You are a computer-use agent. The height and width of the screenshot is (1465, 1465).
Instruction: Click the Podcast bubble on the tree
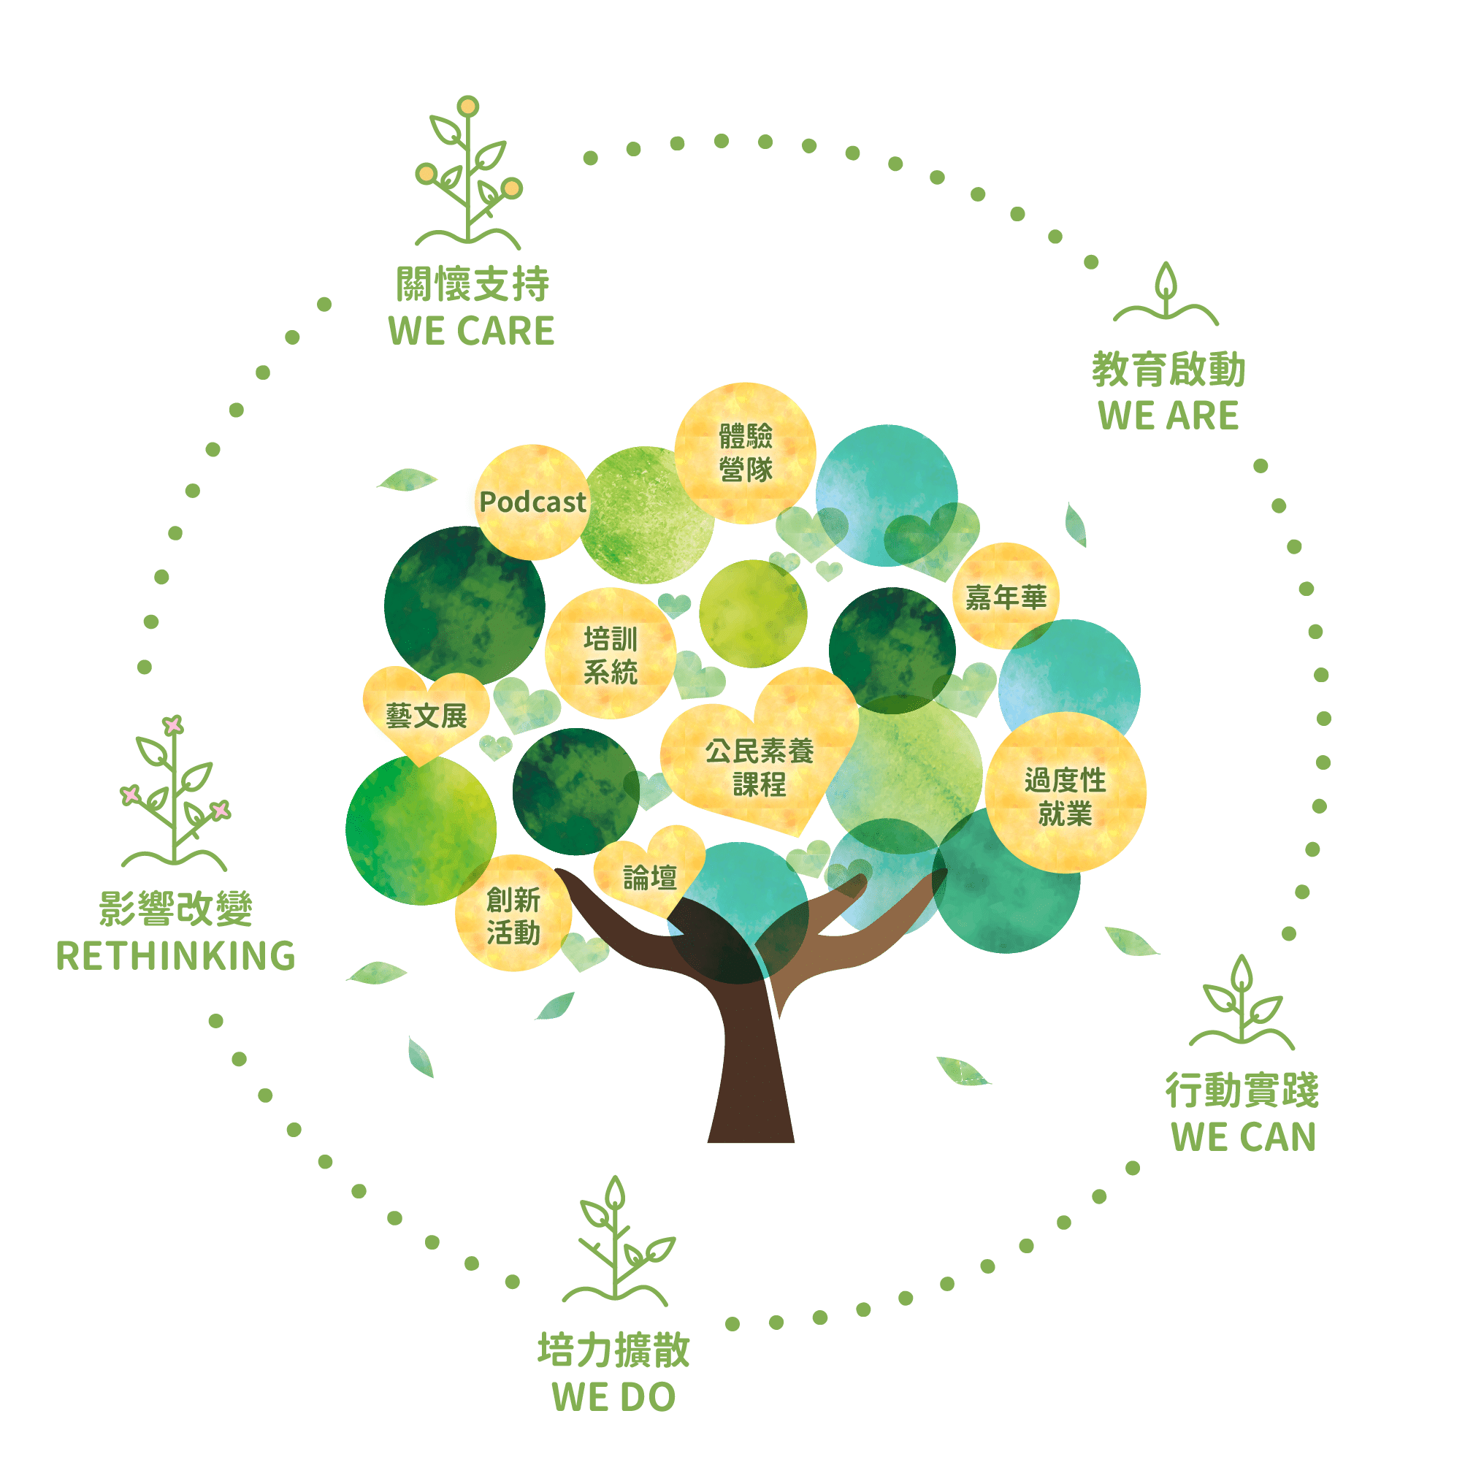click(x=532, y=502)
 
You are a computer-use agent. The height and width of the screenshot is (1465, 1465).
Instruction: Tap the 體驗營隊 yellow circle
click(x=746, y=453)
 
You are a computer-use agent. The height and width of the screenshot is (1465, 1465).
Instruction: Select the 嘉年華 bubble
click(x=1005, y=597)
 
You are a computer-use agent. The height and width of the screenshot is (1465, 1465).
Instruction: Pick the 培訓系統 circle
click(x=611, y=654)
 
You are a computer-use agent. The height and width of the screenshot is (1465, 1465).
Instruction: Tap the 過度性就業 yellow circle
click(x=1065, y=795)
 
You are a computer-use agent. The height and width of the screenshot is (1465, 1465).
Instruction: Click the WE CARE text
click(x=472, y=332)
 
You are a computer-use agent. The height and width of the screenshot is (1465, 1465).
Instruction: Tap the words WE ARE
click(x=1168, y=416)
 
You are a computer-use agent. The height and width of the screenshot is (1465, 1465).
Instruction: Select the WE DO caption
click(x=613, y=1397)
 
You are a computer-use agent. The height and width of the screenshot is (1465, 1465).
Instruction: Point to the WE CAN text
click(x=1243, y=1137)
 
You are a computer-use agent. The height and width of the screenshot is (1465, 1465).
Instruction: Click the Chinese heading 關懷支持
click(x=472, y=285)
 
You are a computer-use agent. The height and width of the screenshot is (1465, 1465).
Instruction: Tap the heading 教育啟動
click(x=1168, y=370)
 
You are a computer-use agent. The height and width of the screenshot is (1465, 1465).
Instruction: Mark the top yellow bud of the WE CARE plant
click(x=469, y=106)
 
